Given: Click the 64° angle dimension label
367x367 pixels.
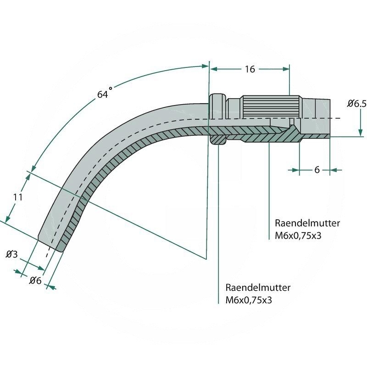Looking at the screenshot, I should (x=105, y=94).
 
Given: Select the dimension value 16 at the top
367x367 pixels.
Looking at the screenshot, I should (x=250, y=69).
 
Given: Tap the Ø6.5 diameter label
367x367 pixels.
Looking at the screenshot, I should (x=356, y=104).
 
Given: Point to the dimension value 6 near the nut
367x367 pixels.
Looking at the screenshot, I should (x=317, y=170).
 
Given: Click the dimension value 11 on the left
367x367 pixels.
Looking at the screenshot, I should (x=18, y=197).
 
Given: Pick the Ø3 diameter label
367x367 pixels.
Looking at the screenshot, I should (x=11, y=254).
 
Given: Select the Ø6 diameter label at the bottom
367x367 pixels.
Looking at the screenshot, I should (x=35, y=281).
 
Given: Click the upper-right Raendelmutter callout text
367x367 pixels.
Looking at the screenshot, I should (x=307, y=223).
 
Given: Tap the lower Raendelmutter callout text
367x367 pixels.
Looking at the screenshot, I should (x=258, y=288).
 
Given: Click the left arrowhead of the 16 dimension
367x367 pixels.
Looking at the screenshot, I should (x=213, y=69).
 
